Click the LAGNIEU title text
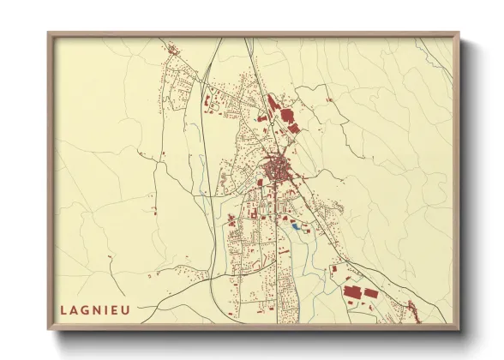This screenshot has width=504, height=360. pos(95,309)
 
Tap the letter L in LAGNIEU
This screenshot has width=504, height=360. pos(63,309)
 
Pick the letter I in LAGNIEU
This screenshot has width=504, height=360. pos(106,309)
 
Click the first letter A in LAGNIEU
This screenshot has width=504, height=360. pos(74,309)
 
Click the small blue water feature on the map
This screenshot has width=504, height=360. pos(295,226)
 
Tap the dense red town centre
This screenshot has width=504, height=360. pos(277,168)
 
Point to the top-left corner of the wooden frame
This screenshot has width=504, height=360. pos(49,33)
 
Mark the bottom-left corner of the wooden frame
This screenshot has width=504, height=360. pos(49,329)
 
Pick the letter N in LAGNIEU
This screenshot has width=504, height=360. pos(96,309)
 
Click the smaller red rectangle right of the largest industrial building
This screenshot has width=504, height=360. pos(370,294)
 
